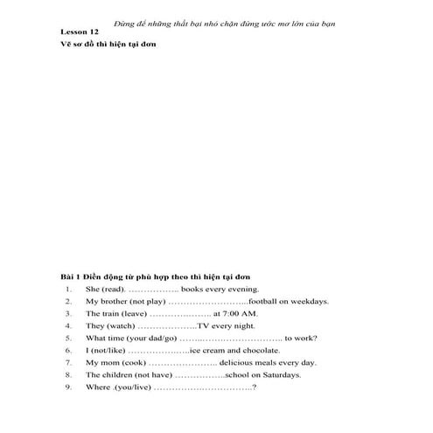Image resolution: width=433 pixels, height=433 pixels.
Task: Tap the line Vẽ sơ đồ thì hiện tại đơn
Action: (106, 44)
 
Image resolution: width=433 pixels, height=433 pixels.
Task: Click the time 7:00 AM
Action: (242, 313)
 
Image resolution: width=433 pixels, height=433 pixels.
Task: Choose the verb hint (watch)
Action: (119, 325)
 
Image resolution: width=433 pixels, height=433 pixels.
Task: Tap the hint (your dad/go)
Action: (152, 338)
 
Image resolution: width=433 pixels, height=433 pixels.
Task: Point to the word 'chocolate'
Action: (267, 350)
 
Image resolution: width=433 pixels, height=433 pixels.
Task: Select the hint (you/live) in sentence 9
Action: (130, 387)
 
